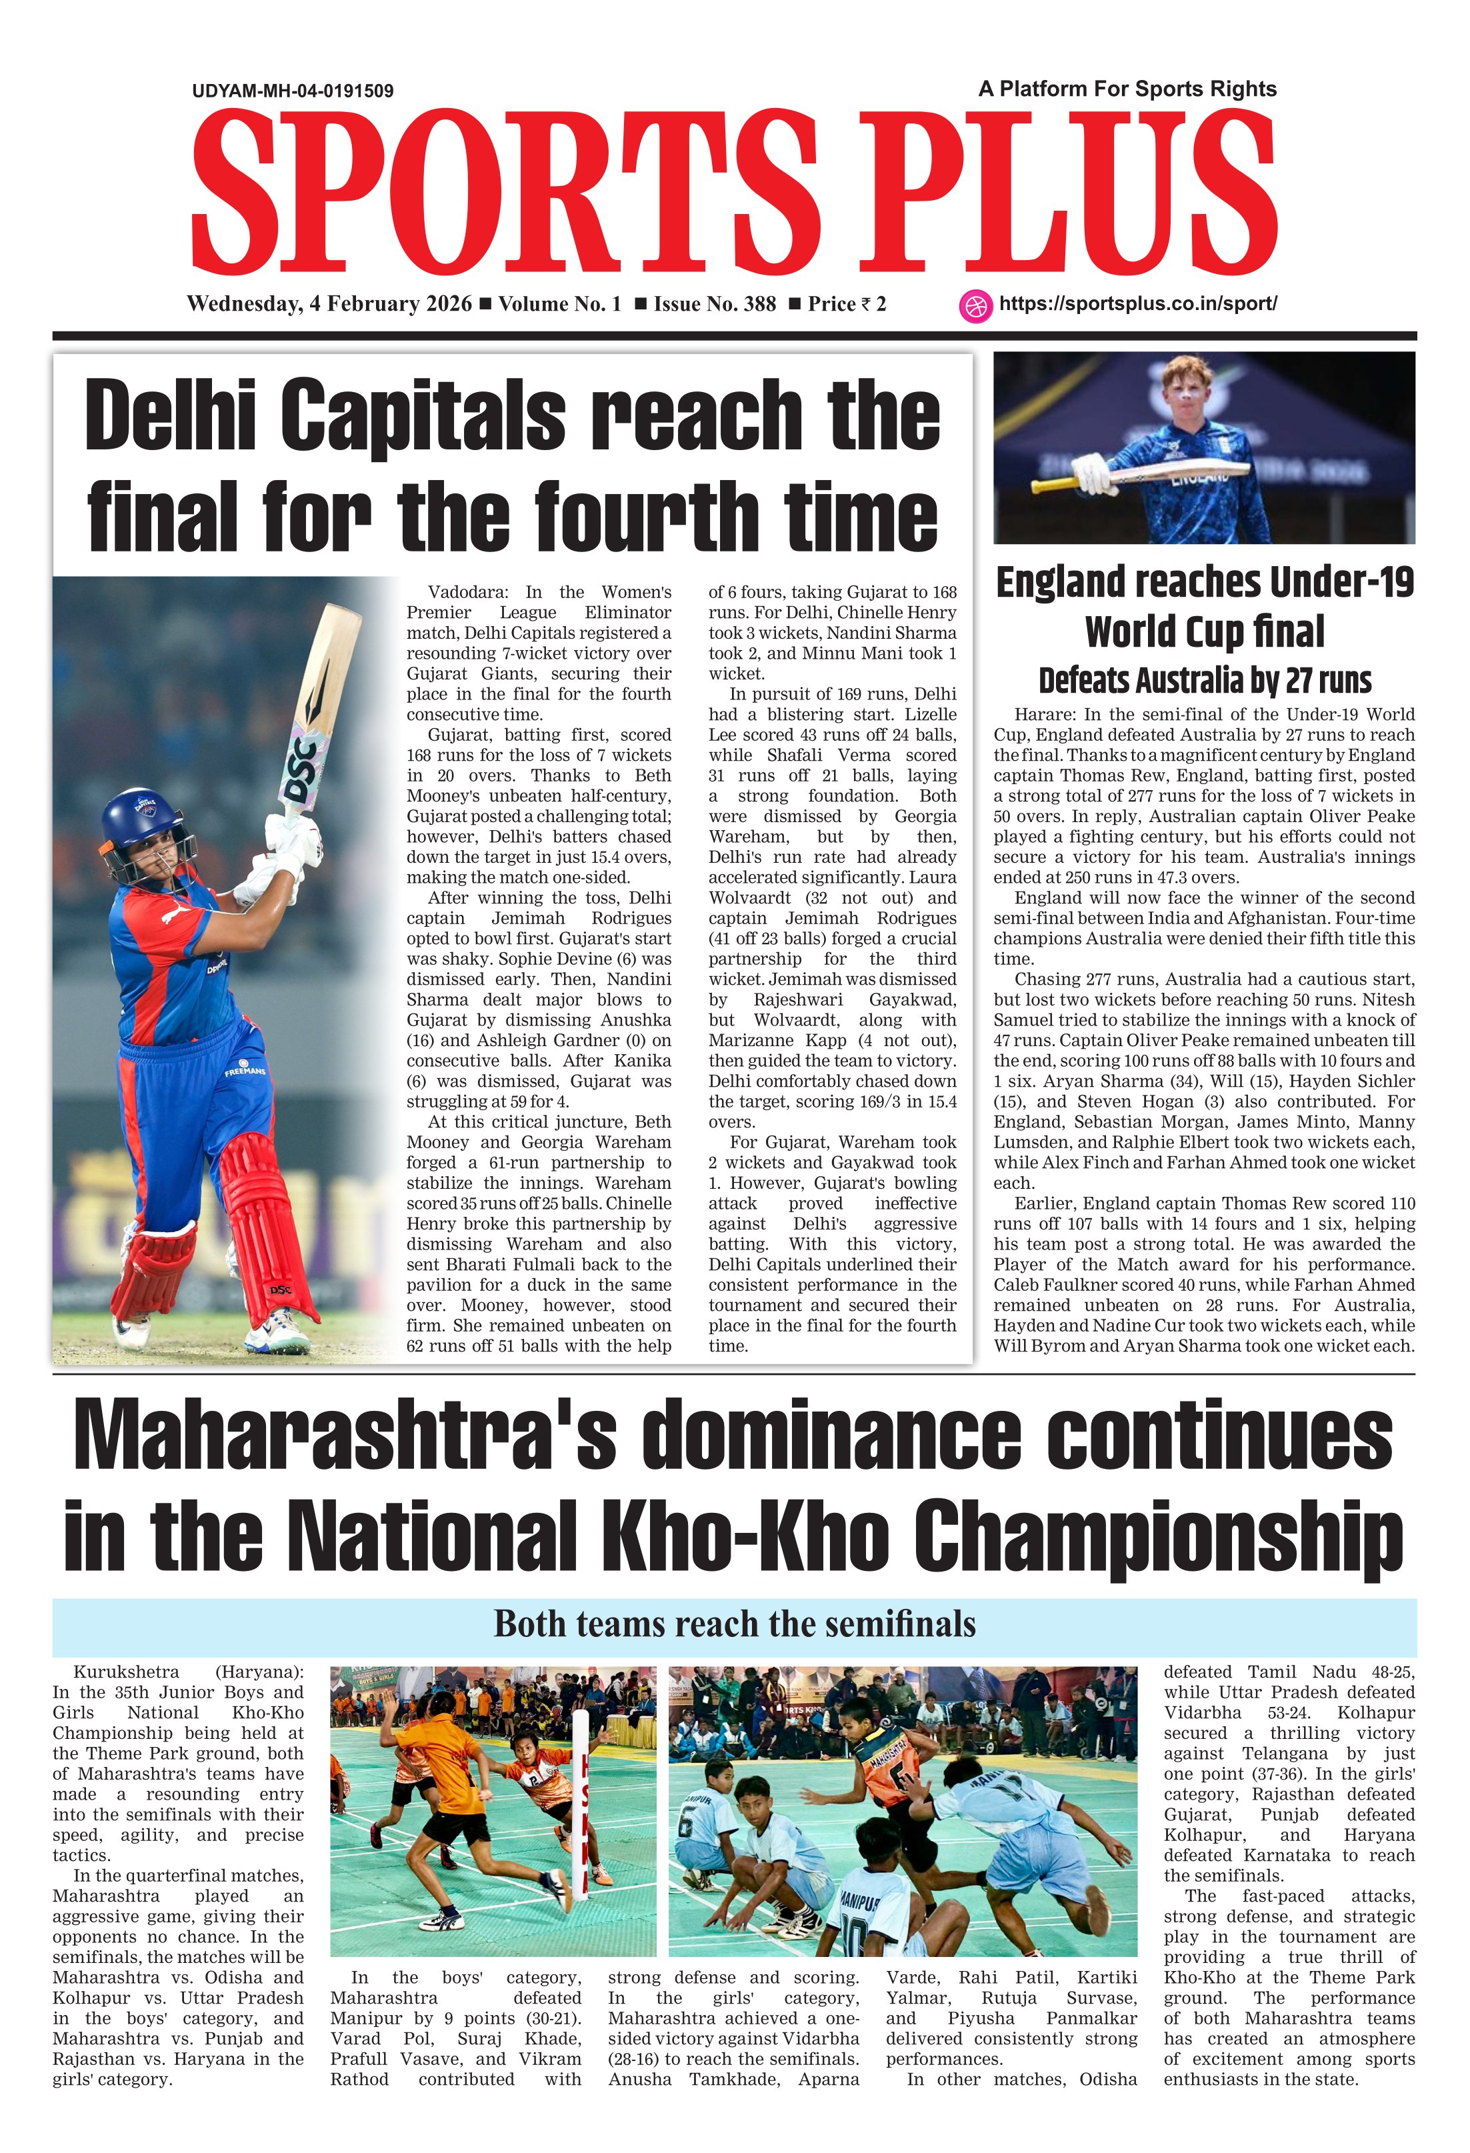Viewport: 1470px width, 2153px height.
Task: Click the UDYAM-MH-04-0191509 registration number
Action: (x=293, y=91)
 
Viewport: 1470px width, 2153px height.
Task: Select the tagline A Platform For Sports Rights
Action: (x=1127, y=89)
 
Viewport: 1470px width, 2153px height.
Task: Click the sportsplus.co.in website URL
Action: (x=1137, y=304)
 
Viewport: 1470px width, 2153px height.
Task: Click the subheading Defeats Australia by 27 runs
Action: (x=1204, y=680)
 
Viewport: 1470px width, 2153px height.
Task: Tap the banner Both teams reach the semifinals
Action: (x=735, y=1624)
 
